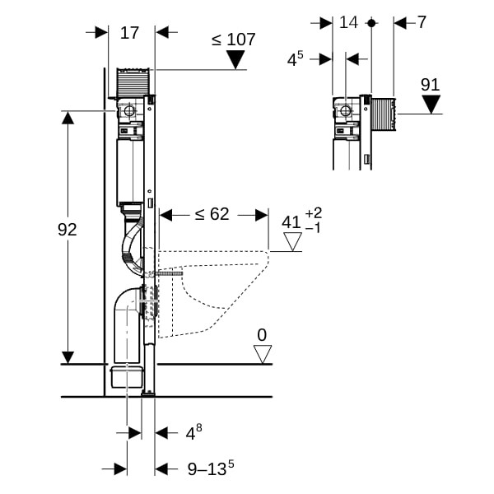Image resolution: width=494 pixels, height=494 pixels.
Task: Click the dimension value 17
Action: coord(129,33)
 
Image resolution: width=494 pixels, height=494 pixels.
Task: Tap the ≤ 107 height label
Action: coord(234,40)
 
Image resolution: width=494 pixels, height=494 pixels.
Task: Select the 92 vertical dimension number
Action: coord(68,230)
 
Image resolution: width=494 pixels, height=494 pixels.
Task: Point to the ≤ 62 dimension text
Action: coord(212,214)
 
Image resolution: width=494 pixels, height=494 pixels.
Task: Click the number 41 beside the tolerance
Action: coord(291,222)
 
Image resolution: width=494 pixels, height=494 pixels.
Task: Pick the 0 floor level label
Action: coord(262,335)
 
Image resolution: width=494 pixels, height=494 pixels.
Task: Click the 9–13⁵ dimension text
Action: coord(211,468)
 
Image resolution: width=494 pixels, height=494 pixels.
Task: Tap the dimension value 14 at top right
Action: coord(348,22)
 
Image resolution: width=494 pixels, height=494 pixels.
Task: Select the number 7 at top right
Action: coord(422,22)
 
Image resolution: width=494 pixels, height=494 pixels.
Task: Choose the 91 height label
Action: coord(431,85)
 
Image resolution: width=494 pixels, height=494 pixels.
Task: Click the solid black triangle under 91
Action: coord(431,105)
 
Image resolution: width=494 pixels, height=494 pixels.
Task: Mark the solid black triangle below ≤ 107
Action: coord(235,60)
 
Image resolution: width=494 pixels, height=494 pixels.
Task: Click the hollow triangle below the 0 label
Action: coord(263,354)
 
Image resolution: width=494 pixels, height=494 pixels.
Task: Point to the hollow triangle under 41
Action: coord(292,242)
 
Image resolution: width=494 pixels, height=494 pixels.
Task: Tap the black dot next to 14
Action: coord(371,23)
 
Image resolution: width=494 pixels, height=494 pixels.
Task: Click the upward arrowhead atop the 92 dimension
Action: coord(68,118)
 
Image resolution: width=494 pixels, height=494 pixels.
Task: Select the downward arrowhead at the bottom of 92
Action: coord(68,357)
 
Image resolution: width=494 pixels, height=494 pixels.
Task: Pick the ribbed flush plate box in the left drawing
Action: coord(133,81)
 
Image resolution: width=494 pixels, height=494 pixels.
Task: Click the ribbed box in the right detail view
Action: coord(384,114)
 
